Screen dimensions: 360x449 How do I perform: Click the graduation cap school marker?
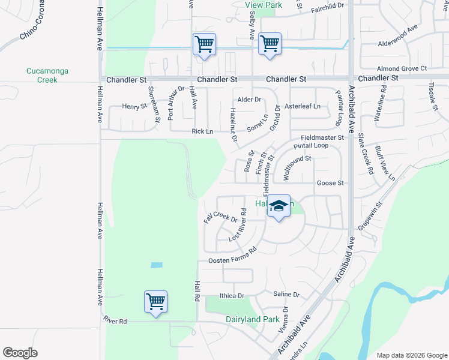point(278,206)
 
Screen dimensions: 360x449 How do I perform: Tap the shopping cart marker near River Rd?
point(155,301)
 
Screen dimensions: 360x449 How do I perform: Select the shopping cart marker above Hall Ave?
point(204,44)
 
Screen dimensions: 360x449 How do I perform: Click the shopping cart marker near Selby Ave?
point(270,44)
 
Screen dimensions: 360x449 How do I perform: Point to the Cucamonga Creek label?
point(47,75)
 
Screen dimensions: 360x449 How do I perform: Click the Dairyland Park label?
point(252,320)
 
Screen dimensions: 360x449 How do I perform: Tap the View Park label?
point(263,5)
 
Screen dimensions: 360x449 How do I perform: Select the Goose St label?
point(330,183)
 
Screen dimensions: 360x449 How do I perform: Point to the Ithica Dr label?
point(232,296)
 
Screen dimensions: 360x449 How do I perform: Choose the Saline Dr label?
point(286,295)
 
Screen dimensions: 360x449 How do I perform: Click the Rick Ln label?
point(202,131)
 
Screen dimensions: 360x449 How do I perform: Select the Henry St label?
point(134,107)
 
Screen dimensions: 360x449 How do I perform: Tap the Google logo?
point(20,353)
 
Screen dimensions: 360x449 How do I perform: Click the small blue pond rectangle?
point(156,265)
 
